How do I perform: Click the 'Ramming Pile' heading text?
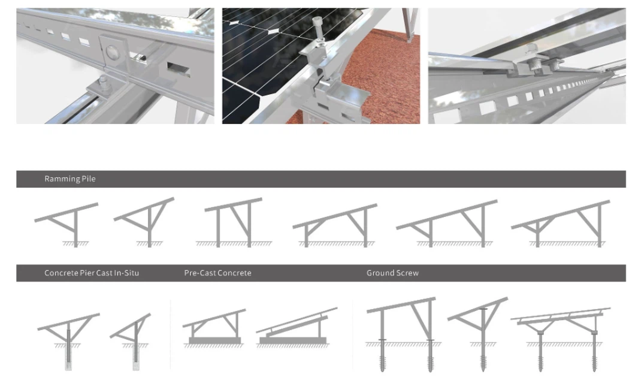[69, 179]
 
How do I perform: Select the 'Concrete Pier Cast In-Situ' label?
[91, 273]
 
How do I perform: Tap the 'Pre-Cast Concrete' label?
[217, 273]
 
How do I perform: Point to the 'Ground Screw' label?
[392, 273]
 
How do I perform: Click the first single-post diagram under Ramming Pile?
[66, 224]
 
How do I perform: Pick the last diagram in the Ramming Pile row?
[561, 224]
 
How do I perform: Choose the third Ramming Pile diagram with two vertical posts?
[234, 222]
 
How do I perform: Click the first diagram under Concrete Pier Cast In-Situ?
[68, 339]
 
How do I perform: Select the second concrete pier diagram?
[132, 339]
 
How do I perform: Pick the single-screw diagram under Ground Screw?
[479, 333]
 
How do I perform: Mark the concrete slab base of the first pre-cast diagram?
[214, 340]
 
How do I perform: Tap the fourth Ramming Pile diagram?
[335, 225]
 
